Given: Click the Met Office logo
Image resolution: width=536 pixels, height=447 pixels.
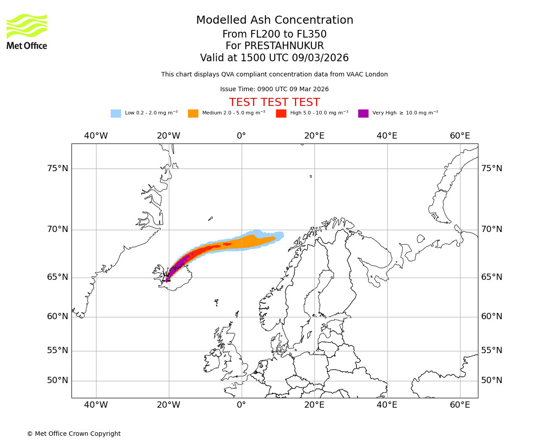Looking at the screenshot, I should (27, 31).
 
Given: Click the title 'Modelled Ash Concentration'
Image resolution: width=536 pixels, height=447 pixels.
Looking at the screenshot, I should (275, 21).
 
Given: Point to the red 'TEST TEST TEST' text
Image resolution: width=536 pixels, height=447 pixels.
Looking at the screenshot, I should (274, 102).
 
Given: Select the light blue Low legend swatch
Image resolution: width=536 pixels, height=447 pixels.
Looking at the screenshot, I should (116, 114).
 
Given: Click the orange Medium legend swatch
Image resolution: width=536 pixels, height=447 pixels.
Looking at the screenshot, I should (193, 114).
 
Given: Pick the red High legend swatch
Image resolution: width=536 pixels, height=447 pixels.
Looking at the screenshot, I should (281, 114).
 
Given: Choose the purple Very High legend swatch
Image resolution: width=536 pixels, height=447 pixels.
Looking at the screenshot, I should (363, 114).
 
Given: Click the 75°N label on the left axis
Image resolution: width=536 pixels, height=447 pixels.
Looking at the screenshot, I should (58, 169).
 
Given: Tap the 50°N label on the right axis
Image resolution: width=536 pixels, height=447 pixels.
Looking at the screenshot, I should (492, 380).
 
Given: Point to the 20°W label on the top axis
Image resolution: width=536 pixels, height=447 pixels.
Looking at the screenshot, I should (168, 136).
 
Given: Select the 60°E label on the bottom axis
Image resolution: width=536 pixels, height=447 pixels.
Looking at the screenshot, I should (460, 405).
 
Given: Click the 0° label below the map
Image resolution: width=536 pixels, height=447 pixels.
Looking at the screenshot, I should (241, 405).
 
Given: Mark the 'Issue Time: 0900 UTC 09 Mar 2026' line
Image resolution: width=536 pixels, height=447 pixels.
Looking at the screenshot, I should (274, 89).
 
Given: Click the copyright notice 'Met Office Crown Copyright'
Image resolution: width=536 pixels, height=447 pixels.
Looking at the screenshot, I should (74, 434).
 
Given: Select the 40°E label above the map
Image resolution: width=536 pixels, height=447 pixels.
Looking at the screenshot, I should (387, 136).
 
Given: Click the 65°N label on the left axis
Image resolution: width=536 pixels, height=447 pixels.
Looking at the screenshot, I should (58, 277).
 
